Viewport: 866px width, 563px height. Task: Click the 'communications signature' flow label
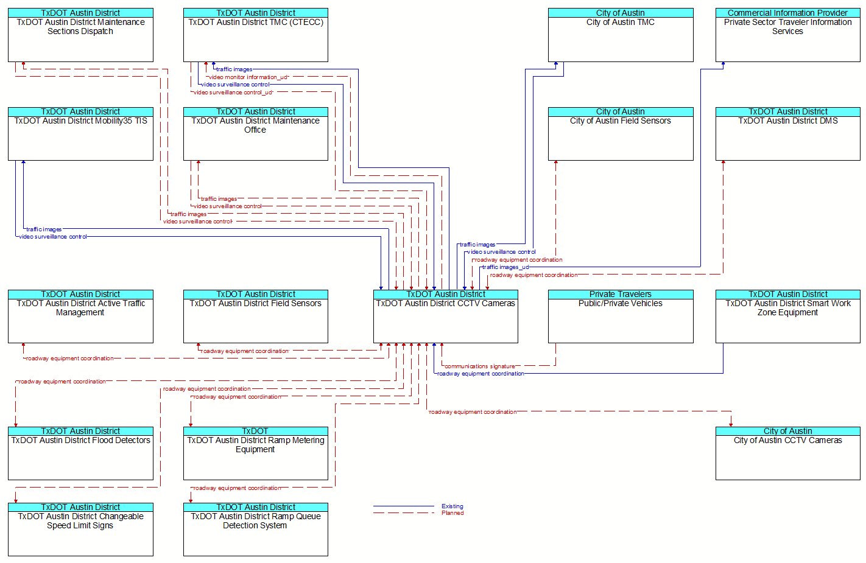pyautogui.click(x=479, y=366)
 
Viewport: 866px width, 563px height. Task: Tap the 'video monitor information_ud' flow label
pyautogui.click(x=248, y=77)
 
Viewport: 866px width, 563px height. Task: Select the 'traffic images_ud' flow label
pyautogui.click(x=505, y=267)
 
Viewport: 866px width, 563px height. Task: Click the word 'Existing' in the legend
pyautogui.click(x=452, y=506)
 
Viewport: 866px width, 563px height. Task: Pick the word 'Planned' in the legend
pyautogui.click(x=452, y=513)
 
